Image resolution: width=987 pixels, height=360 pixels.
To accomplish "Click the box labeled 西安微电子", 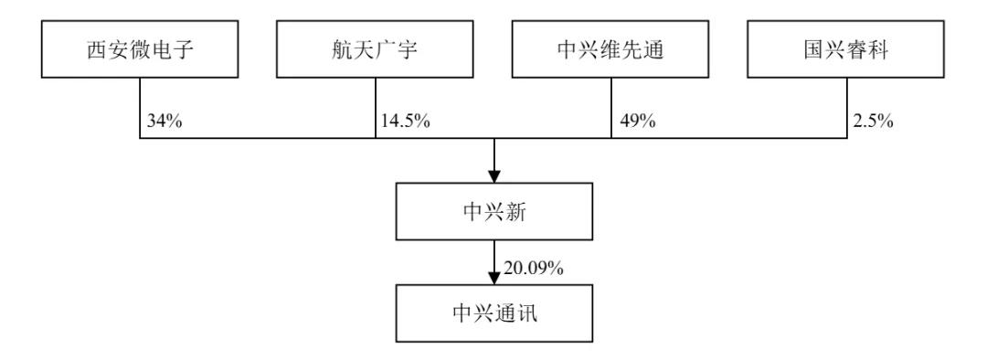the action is pyautogui.click(x=140, y=49).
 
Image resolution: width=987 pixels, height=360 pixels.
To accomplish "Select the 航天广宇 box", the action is pyautogui.click(x=375, y=49).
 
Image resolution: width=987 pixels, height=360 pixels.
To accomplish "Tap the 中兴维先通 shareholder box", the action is pyautogui.click(x=610, y=49).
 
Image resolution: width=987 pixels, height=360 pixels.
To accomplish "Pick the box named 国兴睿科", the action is pyautogui.click(x=845, y=49).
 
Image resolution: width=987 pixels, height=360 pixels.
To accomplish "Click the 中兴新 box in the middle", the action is pyautogui.click(x=494, y=211).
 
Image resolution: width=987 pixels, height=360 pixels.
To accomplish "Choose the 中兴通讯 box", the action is pyautogui.click(x=494, y=313).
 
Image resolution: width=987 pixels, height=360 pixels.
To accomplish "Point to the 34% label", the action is pyautogui.click(x=164, y=121).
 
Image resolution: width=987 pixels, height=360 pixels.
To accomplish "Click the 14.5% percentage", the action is pyautogui.click(x=406, y=121).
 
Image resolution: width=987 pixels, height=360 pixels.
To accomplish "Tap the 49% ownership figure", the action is pyautogui.click(x=638, y=121).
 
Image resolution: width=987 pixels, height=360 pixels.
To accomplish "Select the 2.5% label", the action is pyautogui.click(x=873, y=121).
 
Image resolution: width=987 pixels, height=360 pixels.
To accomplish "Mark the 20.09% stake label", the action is pyautogui.click(x=533, y=269).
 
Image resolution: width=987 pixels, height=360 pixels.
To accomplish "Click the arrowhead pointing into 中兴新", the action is pyautogui.click(x=494, y=175).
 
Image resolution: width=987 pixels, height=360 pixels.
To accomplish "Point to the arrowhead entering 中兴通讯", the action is pyautogui.click(x=494, y=278).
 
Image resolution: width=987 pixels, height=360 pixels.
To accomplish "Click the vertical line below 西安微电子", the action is pyautogui.click(x=140, y=108).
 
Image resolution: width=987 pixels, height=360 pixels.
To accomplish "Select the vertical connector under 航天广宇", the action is pyautogui.click(x=376, y=108).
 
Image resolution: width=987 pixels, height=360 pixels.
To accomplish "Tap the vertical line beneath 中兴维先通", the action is pyautogui.click(x=611, y=108).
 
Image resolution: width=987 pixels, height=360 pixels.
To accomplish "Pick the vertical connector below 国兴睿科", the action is pyautogui.click(x=846, y=108).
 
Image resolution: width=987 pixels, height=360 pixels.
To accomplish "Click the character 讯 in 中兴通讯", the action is pyautogui.click(x=527, y=313).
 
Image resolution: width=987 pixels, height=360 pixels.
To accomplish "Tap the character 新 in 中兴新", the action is pyautogui.click(x=515, y=212).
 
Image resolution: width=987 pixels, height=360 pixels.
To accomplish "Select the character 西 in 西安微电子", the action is pyautogui.click(x=97, y=49).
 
